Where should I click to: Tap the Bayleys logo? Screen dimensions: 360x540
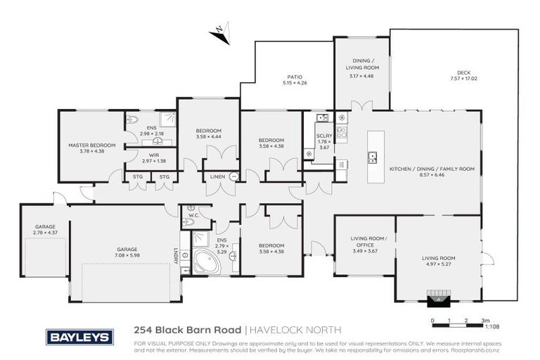79,337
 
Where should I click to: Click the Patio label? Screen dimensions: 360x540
295,77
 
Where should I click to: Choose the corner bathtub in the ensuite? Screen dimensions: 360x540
205,262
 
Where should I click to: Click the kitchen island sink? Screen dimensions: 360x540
372,157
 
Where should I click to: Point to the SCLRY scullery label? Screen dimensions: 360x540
324,136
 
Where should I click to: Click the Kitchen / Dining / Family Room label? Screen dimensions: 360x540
432,169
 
